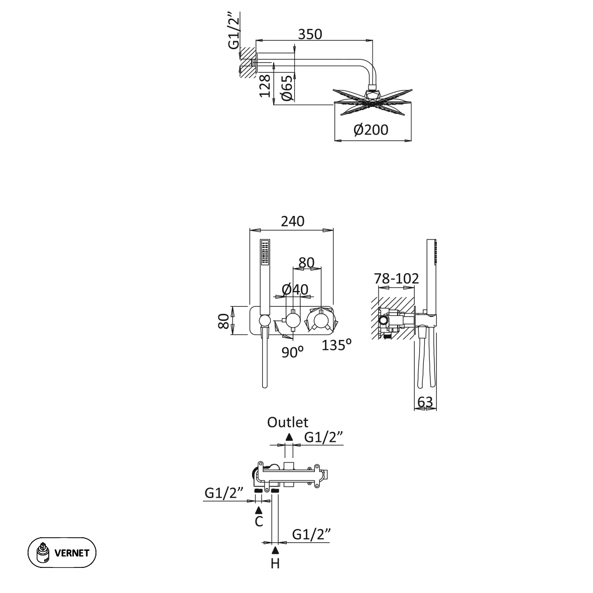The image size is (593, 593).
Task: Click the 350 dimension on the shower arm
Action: pyautogui.click(x=309, y=34)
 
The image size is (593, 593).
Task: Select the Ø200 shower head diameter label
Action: pyautogui.click(x=371, y=130)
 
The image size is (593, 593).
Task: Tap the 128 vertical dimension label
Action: pyautogui.click(x=265, y=85)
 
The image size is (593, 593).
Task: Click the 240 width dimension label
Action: pyautogui.click(x=292, y=221)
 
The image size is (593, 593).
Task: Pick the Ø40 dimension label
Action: pyautogui.click(x=295, y=289)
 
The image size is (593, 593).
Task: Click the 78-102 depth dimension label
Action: pyautogui.click(x=396, y=278)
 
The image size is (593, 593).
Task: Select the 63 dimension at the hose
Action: pyautogui.click(x=425, y=402)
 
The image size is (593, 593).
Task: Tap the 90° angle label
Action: pyautogui.click(x=293, y=351)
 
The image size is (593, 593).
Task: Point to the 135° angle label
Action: pyautogui.click(x=336, y=345)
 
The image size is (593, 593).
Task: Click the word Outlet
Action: pyautogui.click(x=288, y=422)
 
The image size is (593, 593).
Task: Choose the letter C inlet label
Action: pyautogui.click(x=259, y=522)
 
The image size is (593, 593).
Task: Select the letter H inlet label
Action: pyautogui.click(x=275, y=563)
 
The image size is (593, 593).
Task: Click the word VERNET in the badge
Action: pyautogui.click(x=72, y=553)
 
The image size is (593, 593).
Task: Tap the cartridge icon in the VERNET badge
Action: pyautogui.click(x=44, y=553)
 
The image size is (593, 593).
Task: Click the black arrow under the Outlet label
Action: pyautogui.click(x=289, y=437)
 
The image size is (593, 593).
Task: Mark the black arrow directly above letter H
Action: pyautogui.click(x=275, y=549)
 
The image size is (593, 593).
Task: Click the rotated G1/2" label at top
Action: pyautogui.click(x=234, y=32)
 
